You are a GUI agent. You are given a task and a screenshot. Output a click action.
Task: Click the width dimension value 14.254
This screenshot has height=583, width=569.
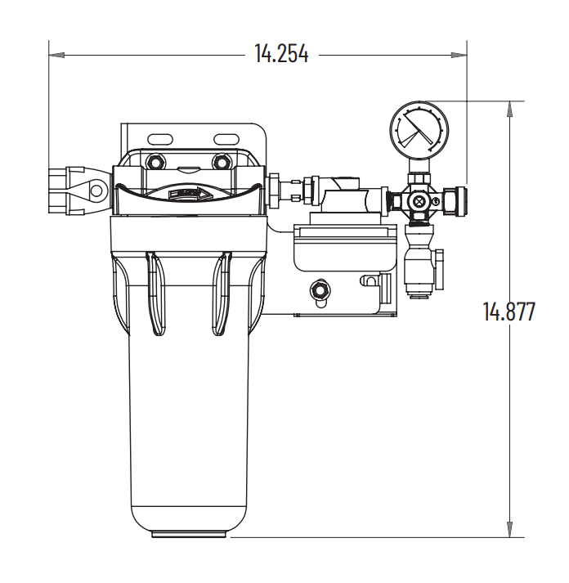(x=280, y=54)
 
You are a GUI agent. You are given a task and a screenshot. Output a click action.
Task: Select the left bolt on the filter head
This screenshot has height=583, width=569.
(x=156, y=161)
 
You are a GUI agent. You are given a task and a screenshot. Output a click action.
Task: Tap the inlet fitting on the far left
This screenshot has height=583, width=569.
(x=79, y=191)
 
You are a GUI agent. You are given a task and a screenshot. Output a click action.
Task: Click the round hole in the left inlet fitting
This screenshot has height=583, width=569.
(x=97, y=191)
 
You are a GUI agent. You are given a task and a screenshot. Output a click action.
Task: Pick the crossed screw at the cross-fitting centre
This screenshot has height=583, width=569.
(x=419, y=200)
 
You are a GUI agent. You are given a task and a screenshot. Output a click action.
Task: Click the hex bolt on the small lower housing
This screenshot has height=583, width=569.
(x=320, y=289)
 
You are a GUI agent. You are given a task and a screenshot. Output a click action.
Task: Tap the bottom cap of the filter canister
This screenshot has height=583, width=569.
(x=190, y=533)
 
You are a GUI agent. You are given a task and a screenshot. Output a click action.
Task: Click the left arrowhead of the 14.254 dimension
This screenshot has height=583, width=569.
(x=56, y=55)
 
